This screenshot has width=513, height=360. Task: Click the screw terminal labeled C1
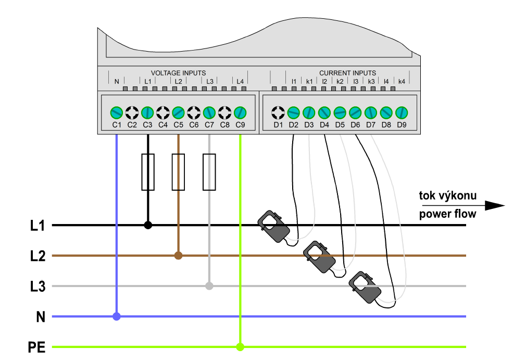point(116,112)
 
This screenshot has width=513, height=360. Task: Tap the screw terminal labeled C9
point(240,112)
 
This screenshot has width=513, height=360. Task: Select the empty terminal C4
point(163,112)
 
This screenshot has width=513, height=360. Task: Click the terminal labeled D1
point(278,112)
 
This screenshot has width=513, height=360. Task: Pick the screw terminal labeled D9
point(402,112)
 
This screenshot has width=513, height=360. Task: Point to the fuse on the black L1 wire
point(148,172)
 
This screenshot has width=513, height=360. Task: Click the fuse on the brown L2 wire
point(178,172)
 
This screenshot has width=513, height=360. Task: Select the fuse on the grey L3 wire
point(209,172)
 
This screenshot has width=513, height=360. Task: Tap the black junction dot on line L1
point(148,225)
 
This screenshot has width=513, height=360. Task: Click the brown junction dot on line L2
point(178,255)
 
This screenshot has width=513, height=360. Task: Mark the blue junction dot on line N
point(117,316)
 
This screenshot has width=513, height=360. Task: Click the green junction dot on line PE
point(240,346)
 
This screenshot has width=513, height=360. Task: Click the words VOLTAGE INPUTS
point(178,73)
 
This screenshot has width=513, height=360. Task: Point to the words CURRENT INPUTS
point(347,73)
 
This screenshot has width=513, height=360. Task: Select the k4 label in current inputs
point(402,82)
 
